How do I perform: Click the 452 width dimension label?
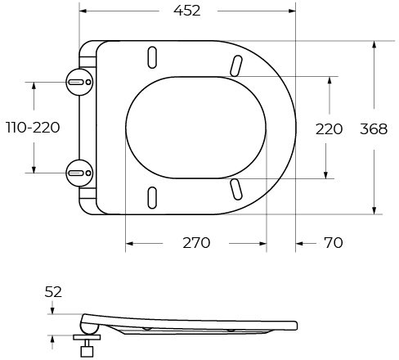click(187, 11)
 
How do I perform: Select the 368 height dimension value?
click(374, 129)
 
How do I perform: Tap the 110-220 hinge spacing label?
click(33, 128)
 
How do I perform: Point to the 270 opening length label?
click(196, 243)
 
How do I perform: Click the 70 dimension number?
click(334, 243)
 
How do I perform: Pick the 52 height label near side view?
click(53, 292)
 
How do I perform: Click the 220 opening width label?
click(329, 129)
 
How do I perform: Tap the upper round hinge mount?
click(79, 82)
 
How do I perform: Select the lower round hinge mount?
click(79, 173)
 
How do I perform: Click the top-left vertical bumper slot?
click(152, 57)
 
